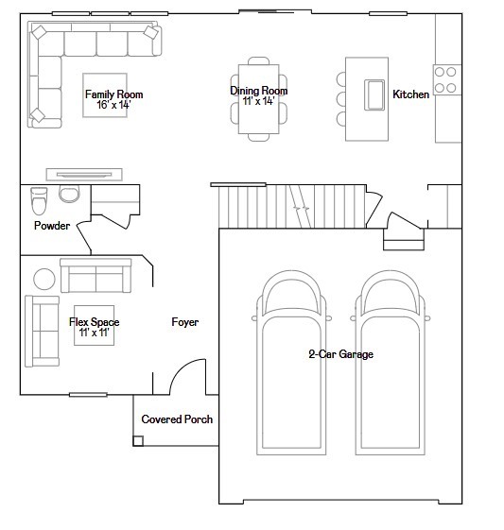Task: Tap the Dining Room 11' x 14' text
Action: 259,95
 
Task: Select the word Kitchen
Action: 411,94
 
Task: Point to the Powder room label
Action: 52,226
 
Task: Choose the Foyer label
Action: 185,322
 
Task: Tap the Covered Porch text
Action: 177,419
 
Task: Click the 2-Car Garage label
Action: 341,354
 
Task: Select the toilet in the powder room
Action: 39,201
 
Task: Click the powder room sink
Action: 69,194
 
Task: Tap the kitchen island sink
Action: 374,95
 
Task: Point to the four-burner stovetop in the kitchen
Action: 445,79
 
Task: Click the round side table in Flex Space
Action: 44,279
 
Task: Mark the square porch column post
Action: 138,441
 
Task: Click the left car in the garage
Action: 291,363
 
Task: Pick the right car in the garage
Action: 390,363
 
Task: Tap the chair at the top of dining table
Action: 259,60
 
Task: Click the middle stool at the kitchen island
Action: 341,99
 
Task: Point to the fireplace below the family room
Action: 84,175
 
